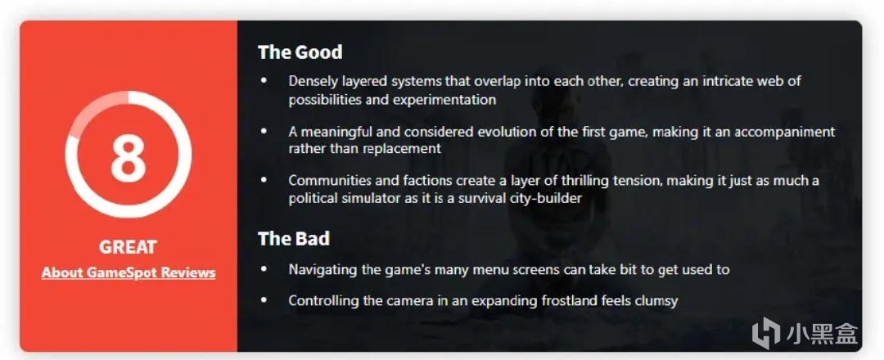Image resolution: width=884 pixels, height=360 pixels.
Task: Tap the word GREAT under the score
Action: coord(128,247)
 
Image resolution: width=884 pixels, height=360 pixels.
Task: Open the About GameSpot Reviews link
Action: coord(129,272)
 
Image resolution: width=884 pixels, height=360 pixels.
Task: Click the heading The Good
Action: coord(300,52)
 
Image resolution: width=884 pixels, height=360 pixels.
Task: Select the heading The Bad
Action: coord(294,238)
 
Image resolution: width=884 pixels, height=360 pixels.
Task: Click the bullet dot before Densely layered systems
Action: coord(264,81)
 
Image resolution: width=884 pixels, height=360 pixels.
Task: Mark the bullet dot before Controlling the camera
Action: coord(264,300)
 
